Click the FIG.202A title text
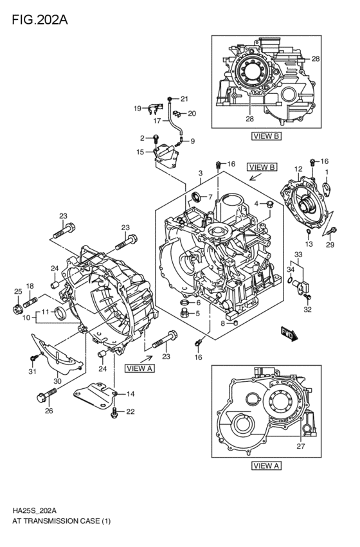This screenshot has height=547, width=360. tap(39, 19)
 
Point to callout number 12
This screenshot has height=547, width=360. tap(298, 169)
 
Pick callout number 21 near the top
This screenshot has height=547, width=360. tap(184, 98)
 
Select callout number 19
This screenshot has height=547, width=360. tap(137, 108)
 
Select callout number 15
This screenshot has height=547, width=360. tap(139, 152)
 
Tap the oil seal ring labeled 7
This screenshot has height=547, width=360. tap(195, 197)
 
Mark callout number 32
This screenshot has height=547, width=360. tap(307, 309)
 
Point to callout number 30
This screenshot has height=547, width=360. tap(57, 381)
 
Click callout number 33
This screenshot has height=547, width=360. tap(298, 255)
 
